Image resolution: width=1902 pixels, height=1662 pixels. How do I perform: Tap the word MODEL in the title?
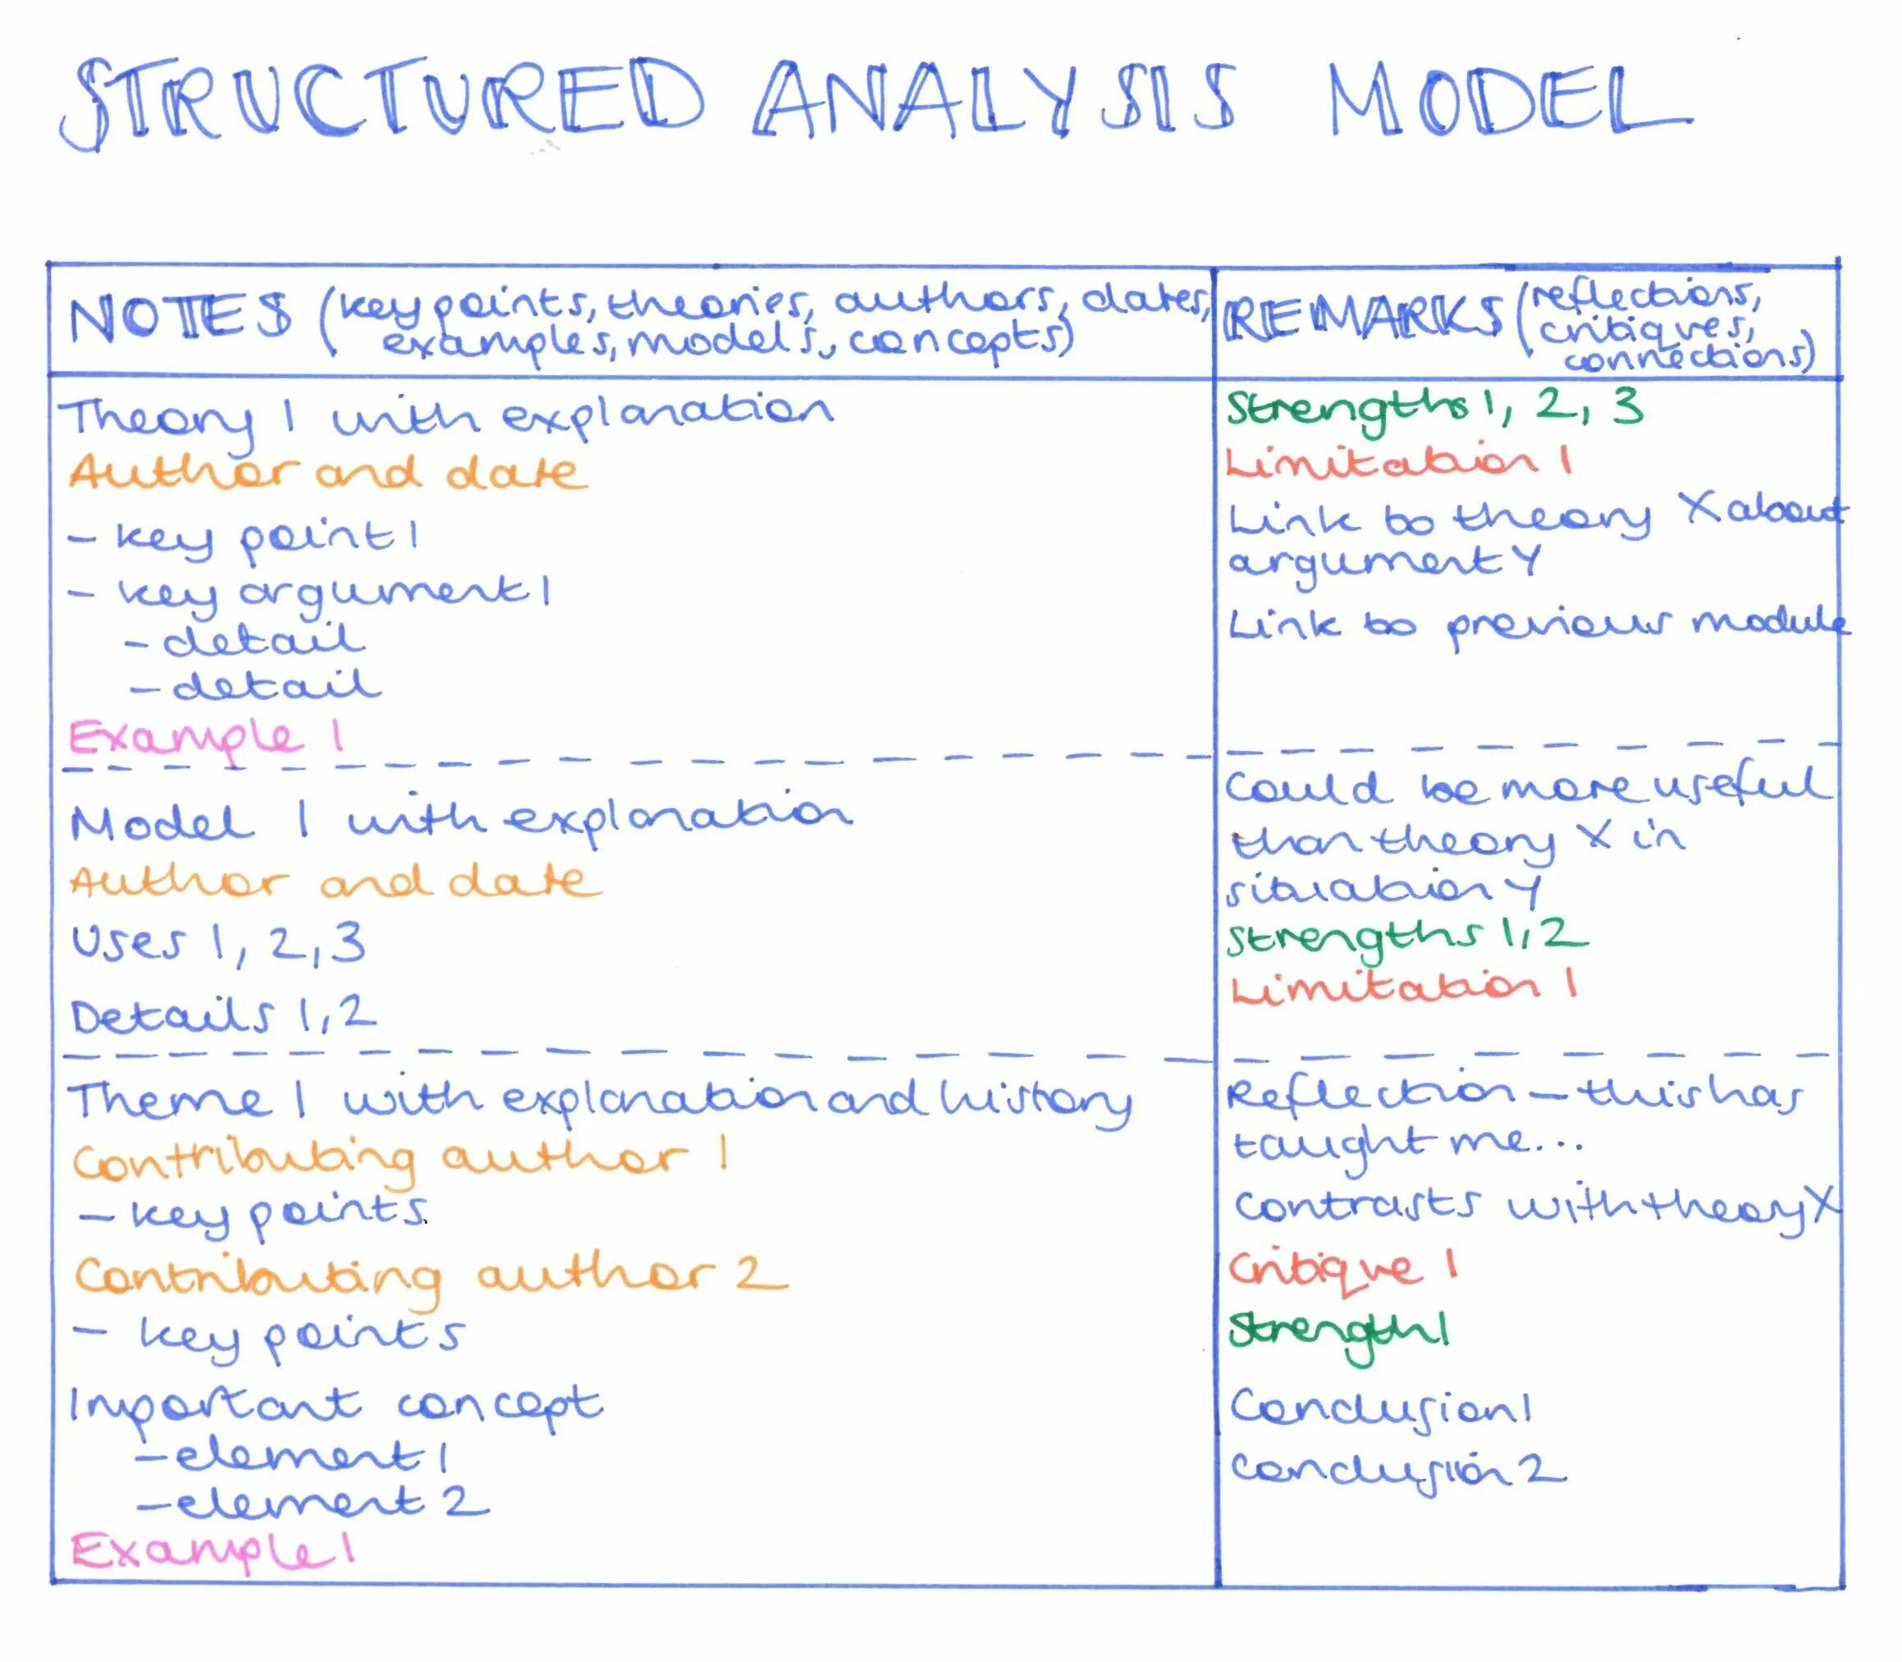point(1507,100)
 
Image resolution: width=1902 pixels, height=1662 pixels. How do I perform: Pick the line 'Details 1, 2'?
point(223,1015)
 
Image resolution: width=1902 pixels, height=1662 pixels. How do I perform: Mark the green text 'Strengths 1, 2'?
point(1405,936)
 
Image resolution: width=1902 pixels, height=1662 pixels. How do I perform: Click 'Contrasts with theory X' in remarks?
point(1534,1206)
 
